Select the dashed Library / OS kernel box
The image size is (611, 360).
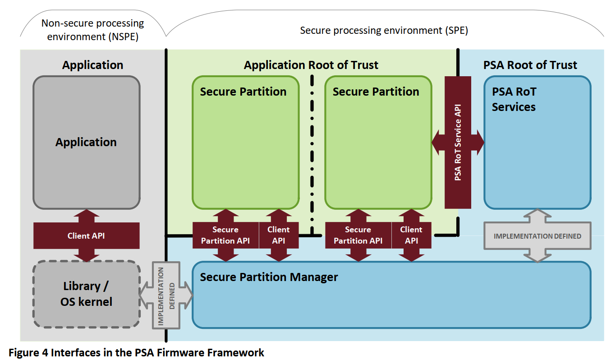86,294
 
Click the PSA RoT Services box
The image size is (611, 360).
537,153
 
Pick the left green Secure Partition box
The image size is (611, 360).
245,149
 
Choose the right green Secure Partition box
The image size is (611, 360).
378,149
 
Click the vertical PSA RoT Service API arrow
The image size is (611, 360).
458,143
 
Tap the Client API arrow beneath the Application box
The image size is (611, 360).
86,235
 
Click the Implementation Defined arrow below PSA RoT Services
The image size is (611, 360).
537,236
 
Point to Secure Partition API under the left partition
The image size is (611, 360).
225,235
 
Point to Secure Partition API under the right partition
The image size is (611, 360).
358,235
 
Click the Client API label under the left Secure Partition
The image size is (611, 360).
279,235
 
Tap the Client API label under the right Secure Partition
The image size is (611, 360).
411,235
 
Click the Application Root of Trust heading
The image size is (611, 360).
311,65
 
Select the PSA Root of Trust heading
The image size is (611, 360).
530,65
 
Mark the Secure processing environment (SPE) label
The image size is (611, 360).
384,31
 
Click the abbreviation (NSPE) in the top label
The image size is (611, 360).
123,37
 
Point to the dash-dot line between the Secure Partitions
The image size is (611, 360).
312,153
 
